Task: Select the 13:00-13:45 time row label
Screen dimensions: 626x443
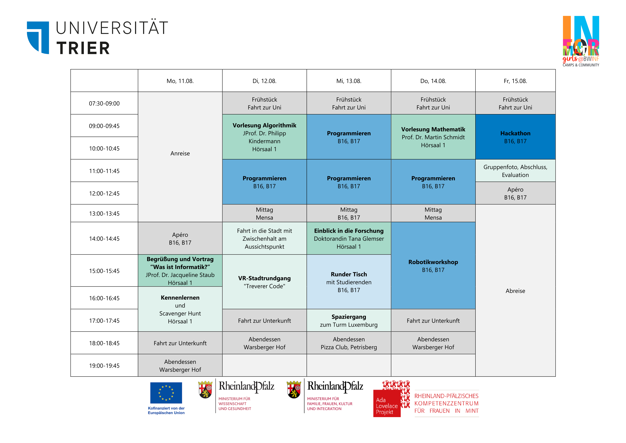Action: point(104,213)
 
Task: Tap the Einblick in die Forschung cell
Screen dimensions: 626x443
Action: point(349,238)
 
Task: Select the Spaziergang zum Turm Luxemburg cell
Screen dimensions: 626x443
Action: point(349,320)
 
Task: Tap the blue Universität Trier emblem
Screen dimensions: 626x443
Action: point(38,37)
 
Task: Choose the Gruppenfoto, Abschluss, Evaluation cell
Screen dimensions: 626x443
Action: point(515,171)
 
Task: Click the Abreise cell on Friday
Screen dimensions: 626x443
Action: point(515,291)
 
